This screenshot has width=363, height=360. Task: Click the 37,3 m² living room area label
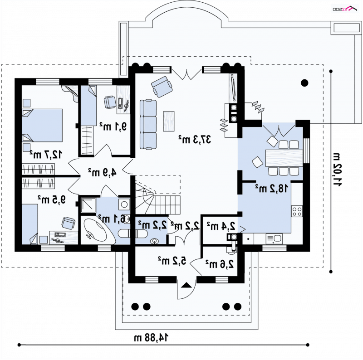pos(195,139)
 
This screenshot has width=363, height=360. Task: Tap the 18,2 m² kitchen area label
pos(272,188)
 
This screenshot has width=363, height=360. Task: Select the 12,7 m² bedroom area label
pos(46,154)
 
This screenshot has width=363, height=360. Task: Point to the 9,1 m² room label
pos(113,126)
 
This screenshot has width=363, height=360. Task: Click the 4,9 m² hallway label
pos(102,172)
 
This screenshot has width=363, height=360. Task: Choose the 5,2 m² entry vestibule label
pos(172,261)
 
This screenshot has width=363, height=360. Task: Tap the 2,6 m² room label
pos(220,264)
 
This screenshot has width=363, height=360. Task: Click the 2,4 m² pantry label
pos(221,226)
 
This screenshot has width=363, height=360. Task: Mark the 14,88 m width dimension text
pos(151,338)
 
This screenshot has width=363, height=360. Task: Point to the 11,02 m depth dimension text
pos(337,170)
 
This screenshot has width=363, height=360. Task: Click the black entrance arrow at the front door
pos(186,285)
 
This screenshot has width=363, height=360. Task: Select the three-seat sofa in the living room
pos(148,124)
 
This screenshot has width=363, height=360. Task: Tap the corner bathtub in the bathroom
pos(98,230)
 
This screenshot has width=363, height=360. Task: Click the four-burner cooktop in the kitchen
pos(297,211)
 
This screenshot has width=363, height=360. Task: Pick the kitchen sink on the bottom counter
pos(274,238)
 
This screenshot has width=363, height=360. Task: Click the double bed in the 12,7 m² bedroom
pos(42,125)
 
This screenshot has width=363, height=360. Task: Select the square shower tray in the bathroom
pos(88,205)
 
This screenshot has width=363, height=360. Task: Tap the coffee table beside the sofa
pos(169,121)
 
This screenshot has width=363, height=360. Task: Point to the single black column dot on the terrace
pos(304,83)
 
